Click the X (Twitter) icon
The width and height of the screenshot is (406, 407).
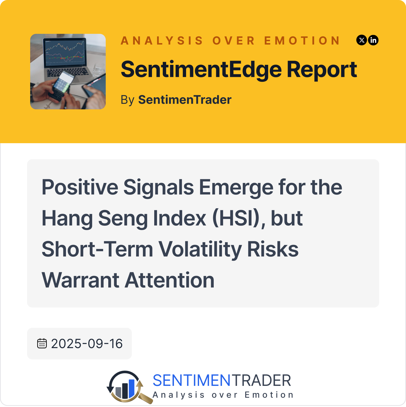tap(362, 40)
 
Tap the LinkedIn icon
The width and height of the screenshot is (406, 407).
tap(373, 40)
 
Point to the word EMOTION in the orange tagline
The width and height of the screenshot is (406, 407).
tap(302, 41)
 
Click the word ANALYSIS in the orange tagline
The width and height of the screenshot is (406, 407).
tap(162, 41)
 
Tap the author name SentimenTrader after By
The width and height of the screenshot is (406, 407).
tap(185, 100)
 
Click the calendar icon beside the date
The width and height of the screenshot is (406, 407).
tap(42, 343)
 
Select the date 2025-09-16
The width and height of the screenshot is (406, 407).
tap(87, 343)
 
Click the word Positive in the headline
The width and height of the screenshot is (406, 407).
tap(80, 187)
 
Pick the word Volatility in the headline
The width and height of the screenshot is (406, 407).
tap(200, 249)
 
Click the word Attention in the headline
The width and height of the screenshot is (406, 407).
tap(169, 280)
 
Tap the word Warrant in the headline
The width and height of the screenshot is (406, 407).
tap(81, 280)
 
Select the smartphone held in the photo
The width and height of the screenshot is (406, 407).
tap(61, 85)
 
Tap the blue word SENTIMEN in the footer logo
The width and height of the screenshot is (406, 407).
tap(191, 381)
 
